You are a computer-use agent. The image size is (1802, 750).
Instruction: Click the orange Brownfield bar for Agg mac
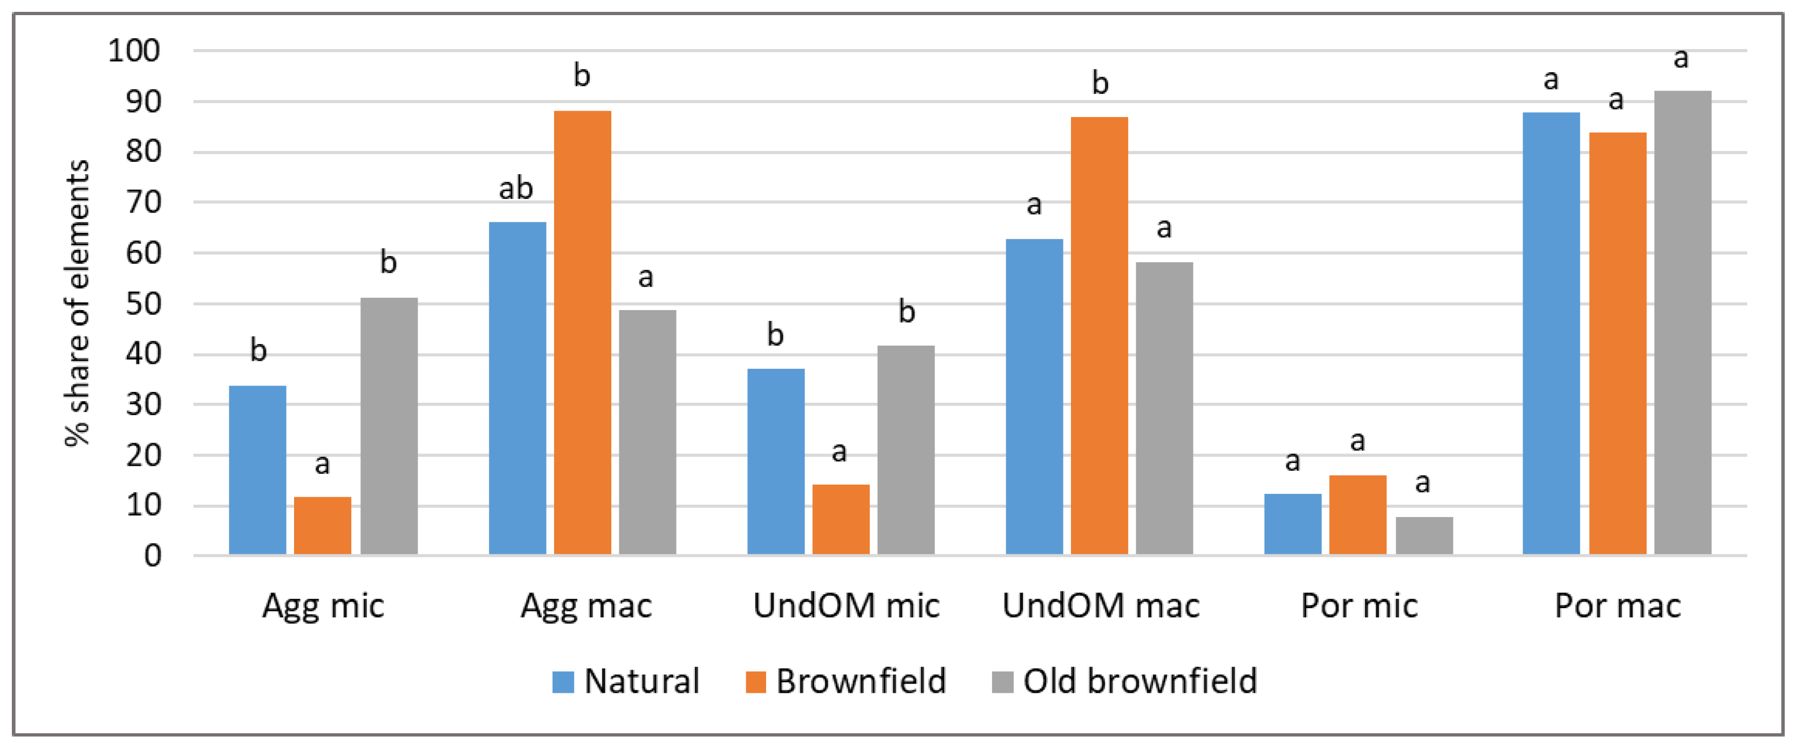pyautogui.click(x=582, y=332)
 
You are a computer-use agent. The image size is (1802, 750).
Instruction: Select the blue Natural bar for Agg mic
pyautogui.click(x=257, y=470)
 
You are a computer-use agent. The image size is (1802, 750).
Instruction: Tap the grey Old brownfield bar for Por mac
pyautogui.click(x=1682, y=322)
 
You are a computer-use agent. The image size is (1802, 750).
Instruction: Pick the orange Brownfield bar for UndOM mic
pyautogui.click(x=841, y=519)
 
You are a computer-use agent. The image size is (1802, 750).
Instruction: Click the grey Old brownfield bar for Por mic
pyautogui.click(x=1424, y=535)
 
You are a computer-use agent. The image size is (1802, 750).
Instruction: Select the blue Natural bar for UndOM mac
pyautogui.click(x=1034, y=396)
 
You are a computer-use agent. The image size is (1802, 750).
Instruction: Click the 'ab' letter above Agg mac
pyautogui.click(x=516, y=189)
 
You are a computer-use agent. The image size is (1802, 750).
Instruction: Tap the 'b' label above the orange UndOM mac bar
pyautogui.click(x=1100, y=83)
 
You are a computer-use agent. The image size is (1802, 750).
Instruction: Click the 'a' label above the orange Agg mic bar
pyautogui.click(x=322, y=463)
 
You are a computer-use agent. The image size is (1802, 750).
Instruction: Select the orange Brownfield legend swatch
pyautogui.click(x=755, y=682)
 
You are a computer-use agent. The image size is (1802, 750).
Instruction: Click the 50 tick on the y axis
pyautogui.click(x=143, y=304)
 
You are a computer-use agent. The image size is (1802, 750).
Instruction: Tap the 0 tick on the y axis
pyautogui.click(x=153, y=556)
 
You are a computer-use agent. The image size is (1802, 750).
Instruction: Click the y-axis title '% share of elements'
pyautogui.click(x=77, y=302)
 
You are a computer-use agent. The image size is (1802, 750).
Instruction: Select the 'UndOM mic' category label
pyautogui.click(x=846, y=605)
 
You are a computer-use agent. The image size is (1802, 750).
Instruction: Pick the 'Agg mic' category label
pyautogui.click(x=323, y=605)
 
